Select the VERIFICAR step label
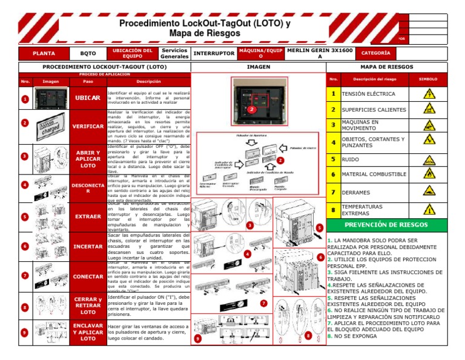coord(87,127)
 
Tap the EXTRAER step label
coord(87,216)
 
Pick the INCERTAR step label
coord(87,247)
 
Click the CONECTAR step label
coord(87,276)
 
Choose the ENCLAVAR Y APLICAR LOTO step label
coord(87,332)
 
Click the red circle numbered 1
coord(23,99)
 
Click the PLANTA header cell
coord(44,53)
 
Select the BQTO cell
coord(88,53)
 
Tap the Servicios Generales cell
coord(174,53)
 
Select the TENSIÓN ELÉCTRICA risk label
coord(368,95)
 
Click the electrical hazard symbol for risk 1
coord(429,95)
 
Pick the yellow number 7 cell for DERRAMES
coord(333,192)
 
